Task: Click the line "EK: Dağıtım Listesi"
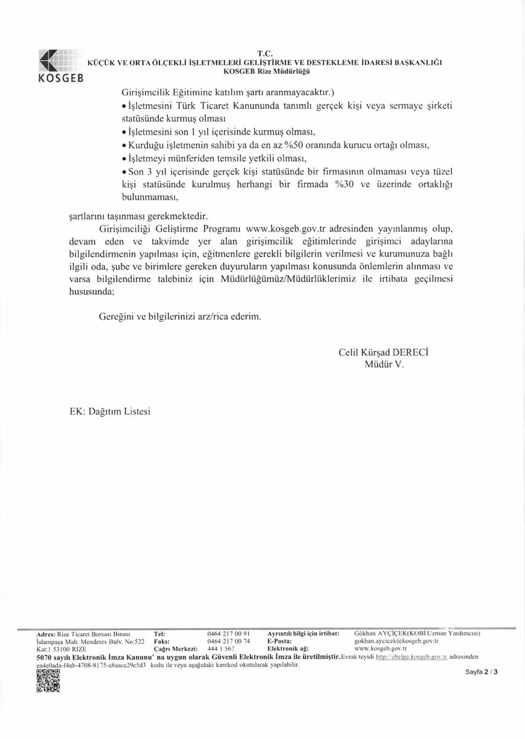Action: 110,411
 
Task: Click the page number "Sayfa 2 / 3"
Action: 481,673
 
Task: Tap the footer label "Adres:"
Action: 46,633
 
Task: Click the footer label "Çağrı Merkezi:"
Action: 175,649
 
